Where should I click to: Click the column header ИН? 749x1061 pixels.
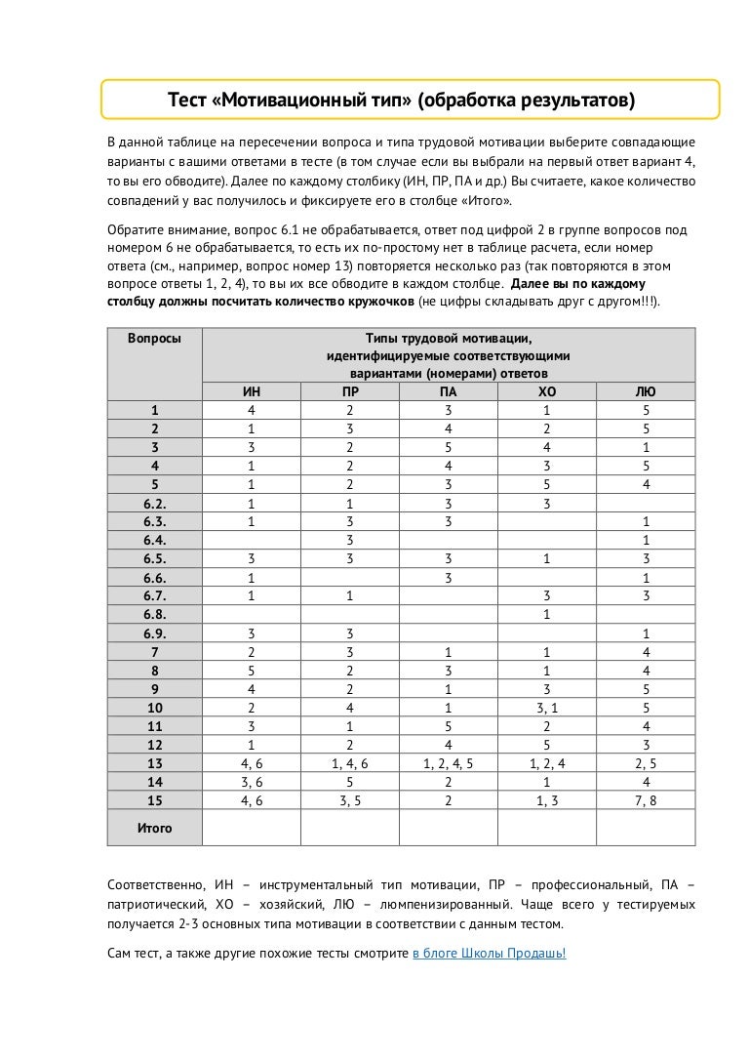tap(251, 392)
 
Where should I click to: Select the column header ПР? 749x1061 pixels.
tap(349, 392)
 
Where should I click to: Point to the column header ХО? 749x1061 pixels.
tap(546, 392)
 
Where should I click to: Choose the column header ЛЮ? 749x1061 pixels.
tap(645, 392)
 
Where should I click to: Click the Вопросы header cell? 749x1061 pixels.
tap(153, 338)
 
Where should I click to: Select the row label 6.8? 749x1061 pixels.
tap(154, 615)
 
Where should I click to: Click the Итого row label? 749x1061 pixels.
tap(154, 828)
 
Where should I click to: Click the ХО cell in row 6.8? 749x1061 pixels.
tap(546, 615)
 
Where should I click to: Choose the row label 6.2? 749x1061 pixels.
tap(154, 504)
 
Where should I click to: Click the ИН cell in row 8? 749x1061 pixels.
tap(251, 671)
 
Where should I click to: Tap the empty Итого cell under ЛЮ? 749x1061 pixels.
tap(645, 828)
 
